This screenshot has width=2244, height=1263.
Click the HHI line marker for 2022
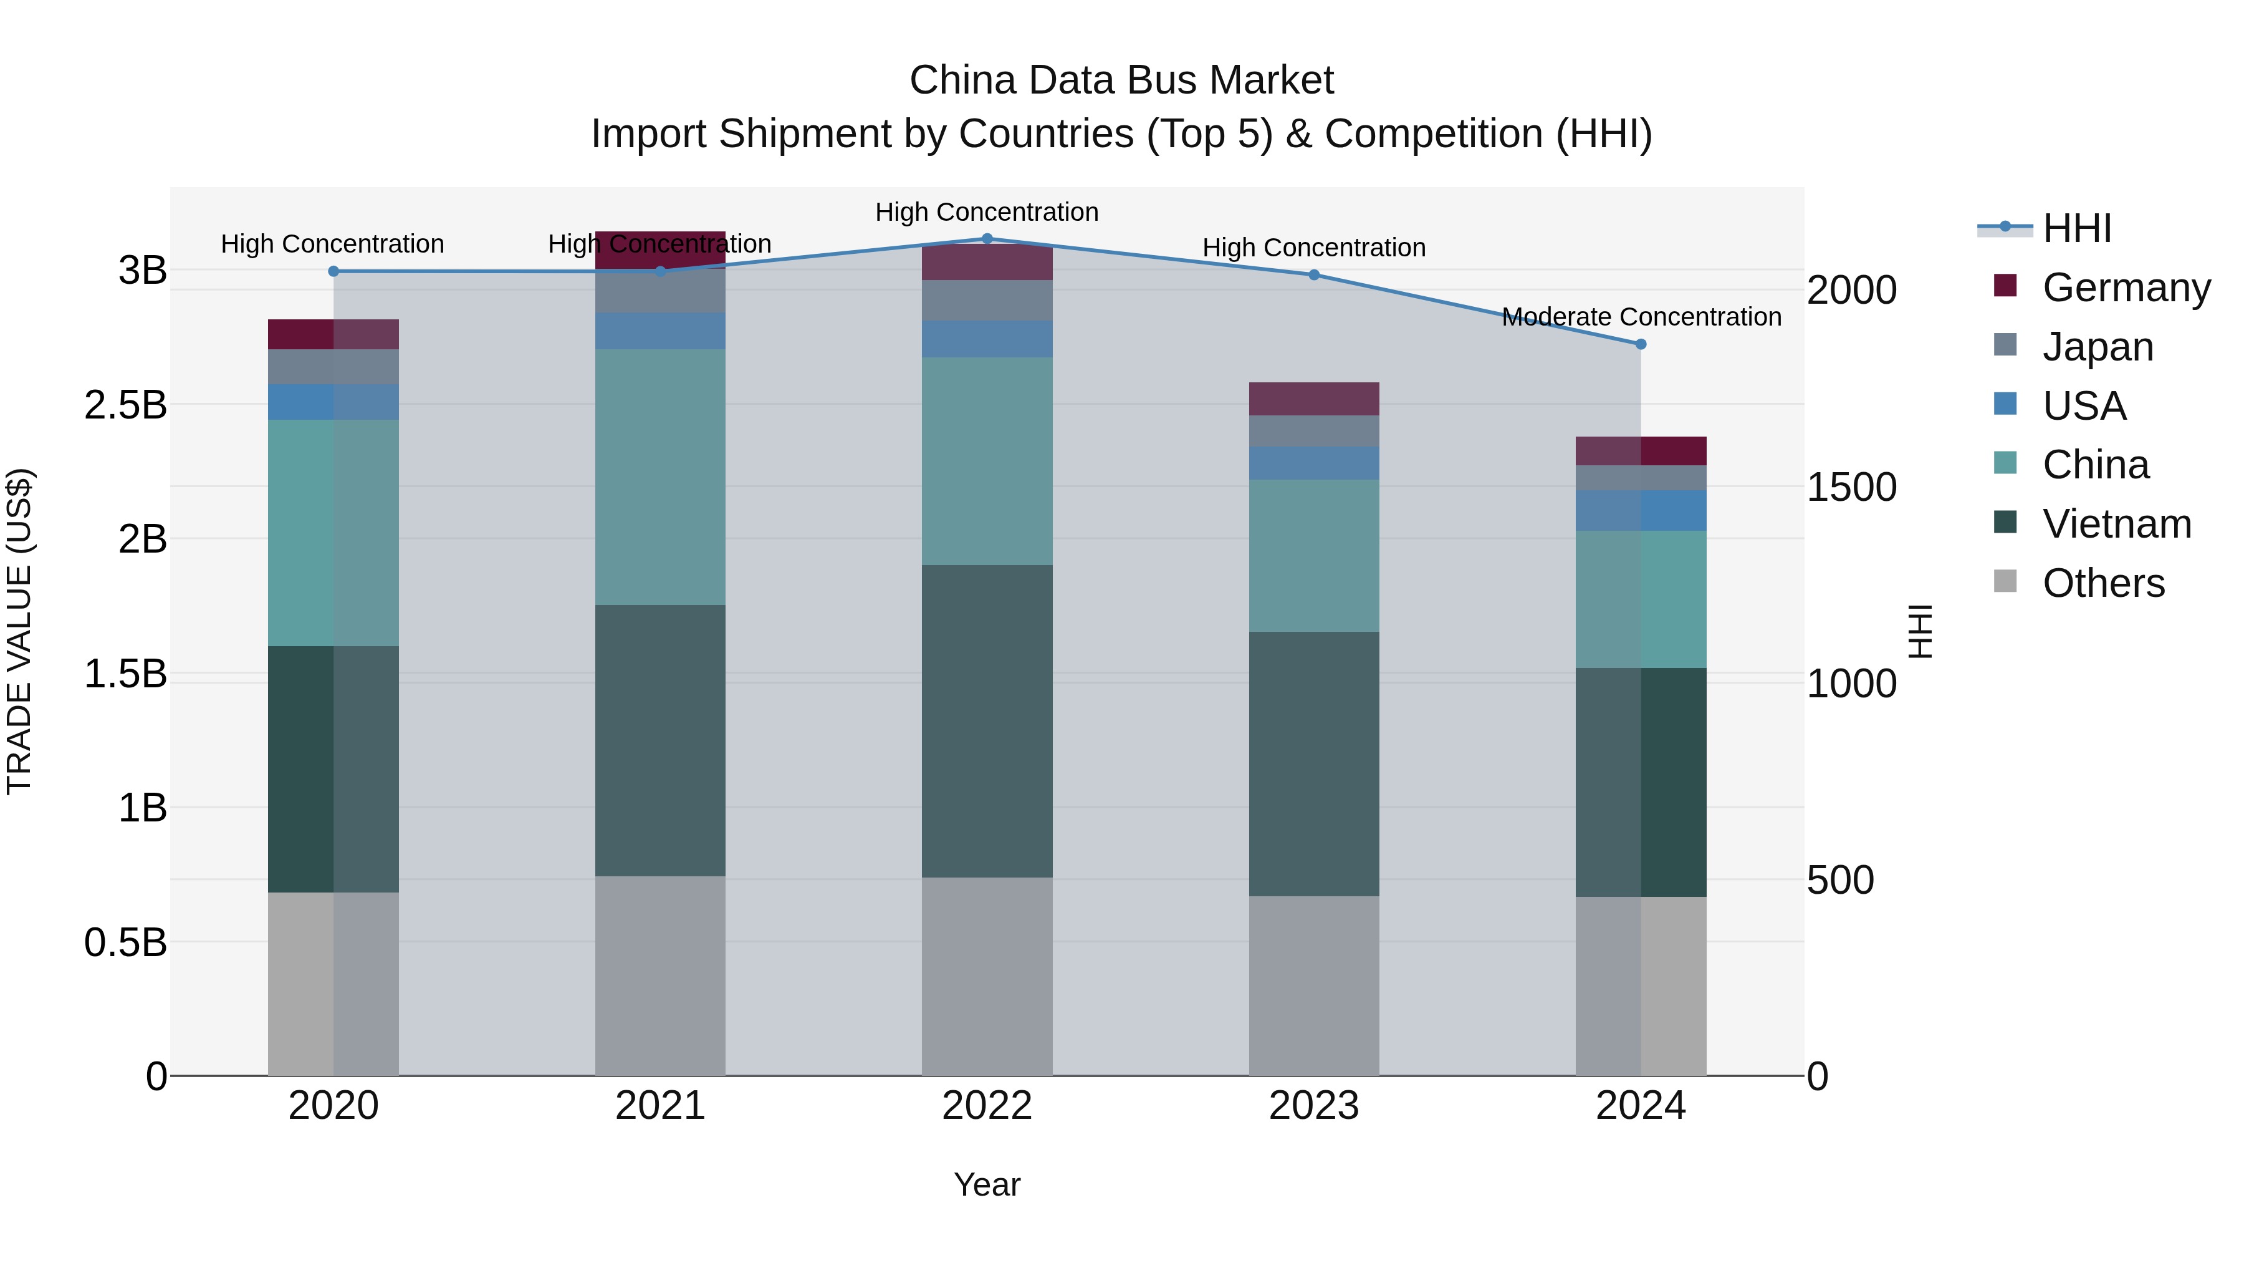coord(987,239)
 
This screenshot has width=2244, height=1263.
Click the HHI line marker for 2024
coord(1641,344)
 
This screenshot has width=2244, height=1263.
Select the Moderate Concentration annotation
coord(1641,317)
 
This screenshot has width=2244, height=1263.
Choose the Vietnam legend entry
coord(2116,524)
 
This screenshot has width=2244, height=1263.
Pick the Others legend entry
coord(2103,583)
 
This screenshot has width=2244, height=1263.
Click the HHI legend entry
coord(2077,228)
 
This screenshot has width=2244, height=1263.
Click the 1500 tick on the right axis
coord(1851,487)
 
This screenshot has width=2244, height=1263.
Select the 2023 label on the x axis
coord(1313,1106)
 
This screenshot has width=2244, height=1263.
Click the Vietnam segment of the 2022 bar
coord(987,721)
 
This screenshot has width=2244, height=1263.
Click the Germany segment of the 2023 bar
coord(1313,399)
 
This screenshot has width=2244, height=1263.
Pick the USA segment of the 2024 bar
coord(1641,510)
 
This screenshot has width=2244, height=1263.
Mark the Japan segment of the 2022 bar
coord(987,300)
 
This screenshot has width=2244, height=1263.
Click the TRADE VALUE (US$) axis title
coord(20,631)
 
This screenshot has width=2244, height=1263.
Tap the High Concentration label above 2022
coord(987,213)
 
